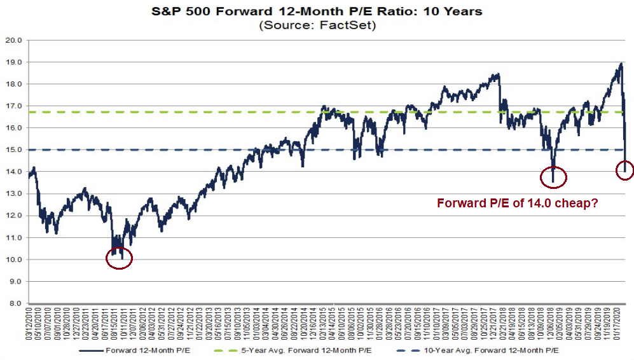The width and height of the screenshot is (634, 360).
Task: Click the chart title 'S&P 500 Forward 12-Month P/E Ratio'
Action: pos(316,11)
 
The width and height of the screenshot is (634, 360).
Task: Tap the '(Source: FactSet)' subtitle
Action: pos(316,25)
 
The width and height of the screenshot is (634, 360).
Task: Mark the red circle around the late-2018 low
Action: pos(553,178)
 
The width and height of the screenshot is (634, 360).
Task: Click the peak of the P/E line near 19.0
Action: pos(619,64)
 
